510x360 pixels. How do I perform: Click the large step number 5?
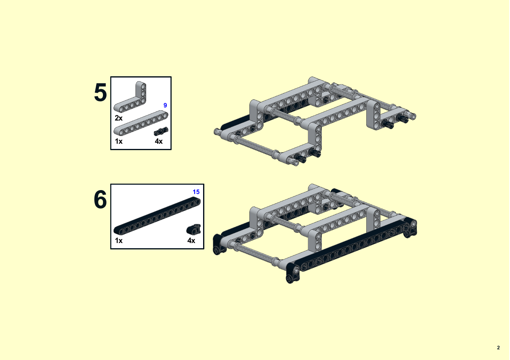101,92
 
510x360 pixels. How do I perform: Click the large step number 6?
101,199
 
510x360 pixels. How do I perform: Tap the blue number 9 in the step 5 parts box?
165,105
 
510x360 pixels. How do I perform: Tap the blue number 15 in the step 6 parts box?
196,192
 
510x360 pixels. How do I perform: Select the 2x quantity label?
119,118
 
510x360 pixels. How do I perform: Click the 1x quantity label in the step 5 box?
119,141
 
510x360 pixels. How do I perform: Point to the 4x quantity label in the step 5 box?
159,141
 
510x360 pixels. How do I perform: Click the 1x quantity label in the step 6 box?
119,241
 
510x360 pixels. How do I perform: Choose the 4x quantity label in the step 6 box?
191,241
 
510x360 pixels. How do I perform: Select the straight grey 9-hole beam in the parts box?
141,123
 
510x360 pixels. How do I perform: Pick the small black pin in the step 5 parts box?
161,131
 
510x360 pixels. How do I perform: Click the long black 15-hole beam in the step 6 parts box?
157,216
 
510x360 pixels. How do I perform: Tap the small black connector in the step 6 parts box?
194,229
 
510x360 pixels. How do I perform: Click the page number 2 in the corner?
498,348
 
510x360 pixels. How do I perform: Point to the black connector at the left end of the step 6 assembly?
219,245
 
